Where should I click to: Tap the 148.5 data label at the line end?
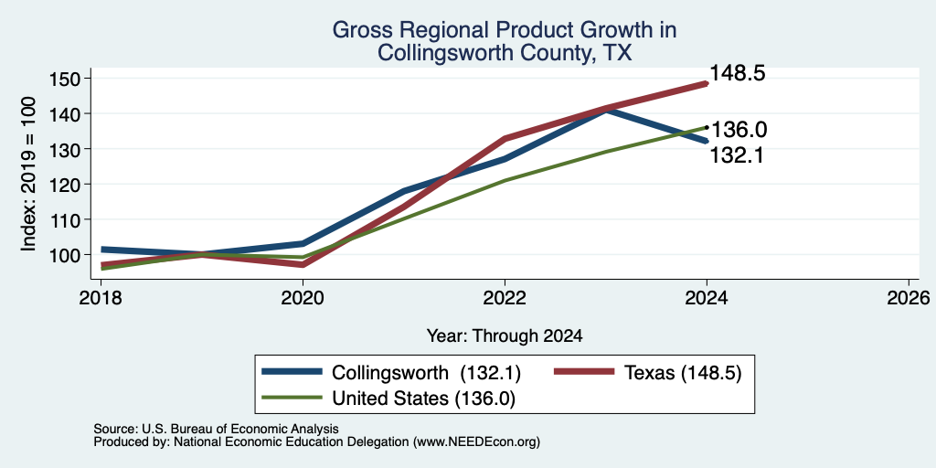(x=738, y=74)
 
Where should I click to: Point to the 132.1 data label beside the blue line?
(x=737, y=155)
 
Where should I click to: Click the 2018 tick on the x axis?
(x=101, y=297)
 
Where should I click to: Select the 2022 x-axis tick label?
(x=505, y=297)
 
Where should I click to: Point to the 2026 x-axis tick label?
(x=909, y=297)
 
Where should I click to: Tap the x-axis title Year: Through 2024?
(x=505, y=336)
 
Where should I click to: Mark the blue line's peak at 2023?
(x=606, y=109)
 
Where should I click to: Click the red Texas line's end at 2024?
(x=707, y=84)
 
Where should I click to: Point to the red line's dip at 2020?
(x=303, y=264)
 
